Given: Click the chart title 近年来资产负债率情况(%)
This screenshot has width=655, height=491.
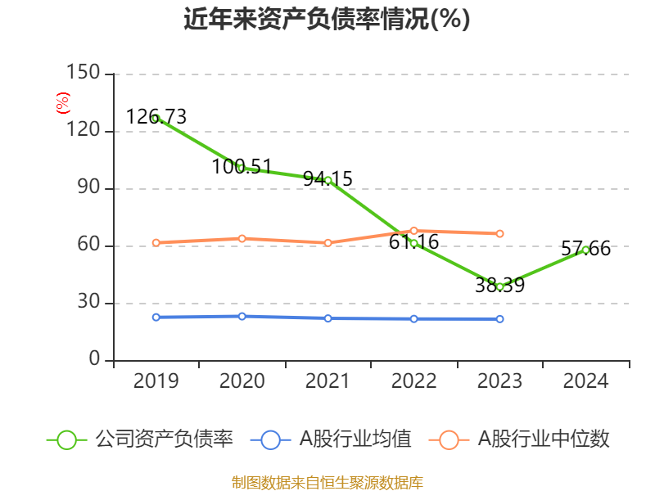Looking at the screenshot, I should click(327, 19).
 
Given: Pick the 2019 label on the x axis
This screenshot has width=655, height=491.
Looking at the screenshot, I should click(156, 381).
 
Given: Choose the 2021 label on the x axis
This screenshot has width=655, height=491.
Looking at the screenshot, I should click(327, 381).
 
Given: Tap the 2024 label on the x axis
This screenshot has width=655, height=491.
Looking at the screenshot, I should click(586, 381).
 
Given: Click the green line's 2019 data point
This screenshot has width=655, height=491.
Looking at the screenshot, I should click(156, 119).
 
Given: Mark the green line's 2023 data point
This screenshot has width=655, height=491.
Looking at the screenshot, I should click(499, 286).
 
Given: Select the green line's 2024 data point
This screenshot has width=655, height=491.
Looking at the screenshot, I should click(585, 250).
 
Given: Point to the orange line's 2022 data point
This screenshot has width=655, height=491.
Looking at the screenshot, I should click(413, 231).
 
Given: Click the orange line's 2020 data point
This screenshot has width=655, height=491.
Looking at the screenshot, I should click(242, 238).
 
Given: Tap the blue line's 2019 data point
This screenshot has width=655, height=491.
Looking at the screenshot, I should click(156, 317).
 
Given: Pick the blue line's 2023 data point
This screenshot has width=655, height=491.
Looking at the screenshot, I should click(499, 318).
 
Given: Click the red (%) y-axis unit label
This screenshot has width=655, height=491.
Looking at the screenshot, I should click(62, 103).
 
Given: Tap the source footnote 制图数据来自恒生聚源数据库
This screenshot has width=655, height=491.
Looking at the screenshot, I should click(327, 482).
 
